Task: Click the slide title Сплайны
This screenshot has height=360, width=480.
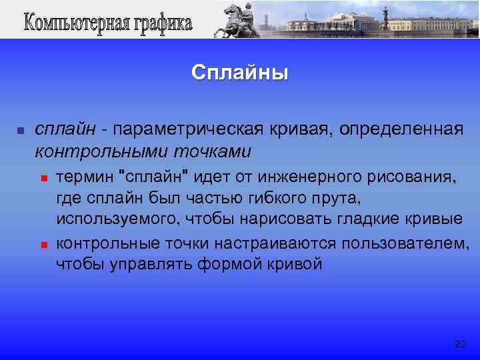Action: (239, 72)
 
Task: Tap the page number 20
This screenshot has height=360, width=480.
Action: (459, 344)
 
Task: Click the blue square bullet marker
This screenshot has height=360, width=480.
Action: (20, 129)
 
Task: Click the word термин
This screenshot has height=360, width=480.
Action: (85, 177)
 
